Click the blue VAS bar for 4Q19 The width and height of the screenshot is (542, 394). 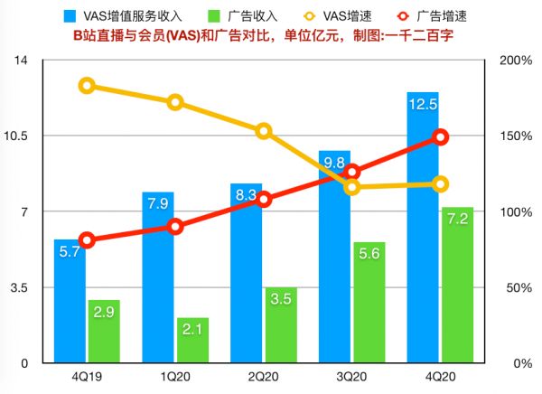(x=70, y=303)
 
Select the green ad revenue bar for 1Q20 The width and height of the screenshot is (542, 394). (x=192, y=341)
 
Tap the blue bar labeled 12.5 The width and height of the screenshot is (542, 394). (x=423, y=226)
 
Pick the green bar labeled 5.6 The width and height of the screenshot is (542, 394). (x=369, y=303)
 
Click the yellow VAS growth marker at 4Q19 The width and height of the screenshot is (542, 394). (x=87, y=86)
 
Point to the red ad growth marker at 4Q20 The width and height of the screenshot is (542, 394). (x=441, y=136)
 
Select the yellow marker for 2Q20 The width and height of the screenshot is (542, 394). (x=264, y=131)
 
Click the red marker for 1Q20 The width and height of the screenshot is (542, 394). (x=175, y=226)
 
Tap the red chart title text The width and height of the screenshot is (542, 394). (x=271, y=34)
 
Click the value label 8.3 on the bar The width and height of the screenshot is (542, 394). (x=246, y=194)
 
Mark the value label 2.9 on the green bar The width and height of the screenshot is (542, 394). (x=103, y=312)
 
